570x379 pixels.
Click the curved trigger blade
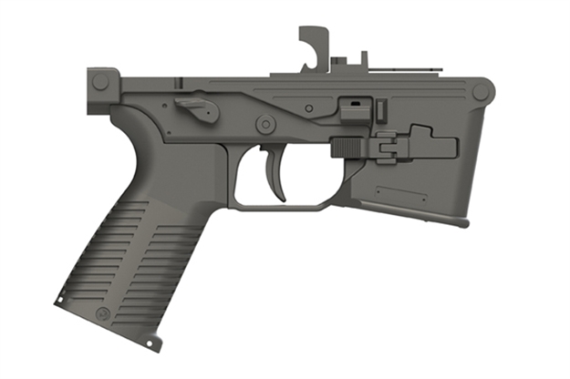pyautogui.click(x=276, y=173)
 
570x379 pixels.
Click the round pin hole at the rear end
pyautogui.click(x=100, y=81)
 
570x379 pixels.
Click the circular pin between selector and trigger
pyautogui.click(x=264, y=121)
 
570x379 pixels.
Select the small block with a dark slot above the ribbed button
pyautogui.click(x=352, y=108)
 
